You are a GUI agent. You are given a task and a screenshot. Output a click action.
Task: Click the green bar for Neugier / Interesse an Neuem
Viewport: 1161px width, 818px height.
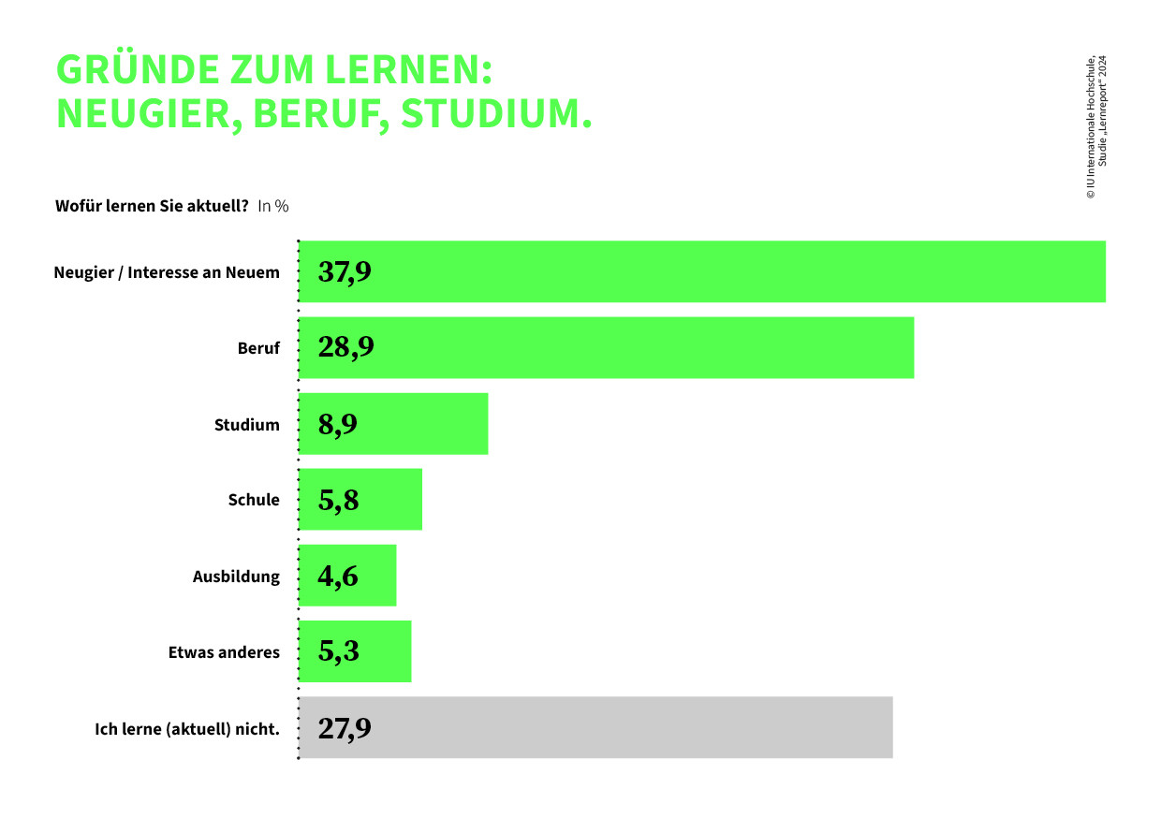702,271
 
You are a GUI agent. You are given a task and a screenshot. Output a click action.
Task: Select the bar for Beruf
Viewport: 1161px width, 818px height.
607,347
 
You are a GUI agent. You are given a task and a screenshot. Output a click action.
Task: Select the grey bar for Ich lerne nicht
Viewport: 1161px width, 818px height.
595,727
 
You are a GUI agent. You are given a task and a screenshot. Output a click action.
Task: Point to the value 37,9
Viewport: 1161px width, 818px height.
345,271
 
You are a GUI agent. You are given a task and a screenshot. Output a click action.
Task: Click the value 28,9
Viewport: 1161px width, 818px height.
345,347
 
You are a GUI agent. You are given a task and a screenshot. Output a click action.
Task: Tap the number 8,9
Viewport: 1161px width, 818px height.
337,424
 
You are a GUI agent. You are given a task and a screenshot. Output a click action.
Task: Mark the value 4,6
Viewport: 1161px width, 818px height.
337,576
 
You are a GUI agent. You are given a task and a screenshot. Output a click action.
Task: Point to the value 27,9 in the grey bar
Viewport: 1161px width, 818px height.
345,728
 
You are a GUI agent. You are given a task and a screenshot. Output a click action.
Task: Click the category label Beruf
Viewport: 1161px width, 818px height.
258,348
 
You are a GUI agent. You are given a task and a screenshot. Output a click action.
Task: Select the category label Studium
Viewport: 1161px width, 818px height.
246,425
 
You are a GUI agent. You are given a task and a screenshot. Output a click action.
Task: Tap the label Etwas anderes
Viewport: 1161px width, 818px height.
224,652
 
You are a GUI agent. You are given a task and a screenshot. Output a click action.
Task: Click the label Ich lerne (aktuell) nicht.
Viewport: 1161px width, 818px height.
187,728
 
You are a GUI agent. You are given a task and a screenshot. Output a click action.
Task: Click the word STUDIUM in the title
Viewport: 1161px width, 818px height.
496,113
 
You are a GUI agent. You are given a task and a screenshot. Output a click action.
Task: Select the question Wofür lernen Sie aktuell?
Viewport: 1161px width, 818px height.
152,206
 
